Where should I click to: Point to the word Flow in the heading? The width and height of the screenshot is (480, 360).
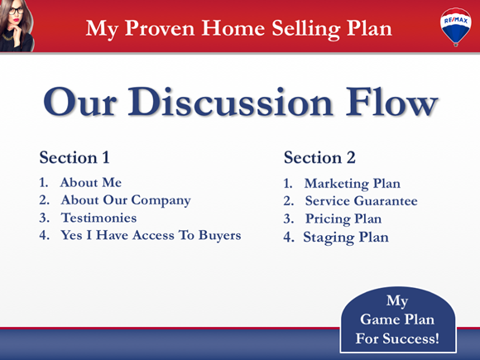[x=390, y=103]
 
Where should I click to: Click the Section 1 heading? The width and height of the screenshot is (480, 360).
[x=74, y=157]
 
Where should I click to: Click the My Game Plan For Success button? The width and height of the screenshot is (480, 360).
[x=396, y=319]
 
